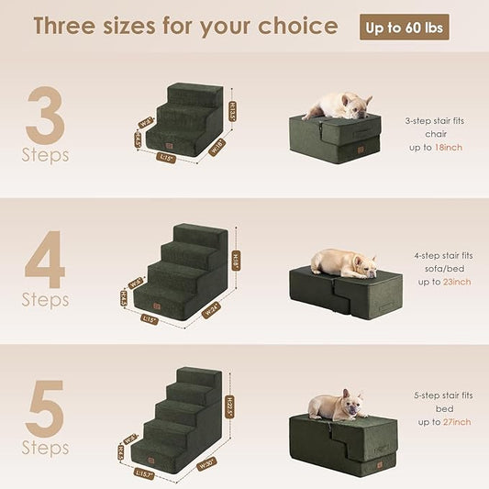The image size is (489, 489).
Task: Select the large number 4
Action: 45,261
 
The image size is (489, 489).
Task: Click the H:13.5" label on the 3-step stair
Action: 233,109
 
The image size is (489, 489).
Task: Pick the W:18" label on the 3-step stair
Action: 217,145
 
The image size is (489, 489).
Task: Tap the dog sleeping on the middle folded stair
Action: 343,263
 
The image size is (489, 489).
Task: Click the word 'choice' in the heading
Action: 292,26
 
